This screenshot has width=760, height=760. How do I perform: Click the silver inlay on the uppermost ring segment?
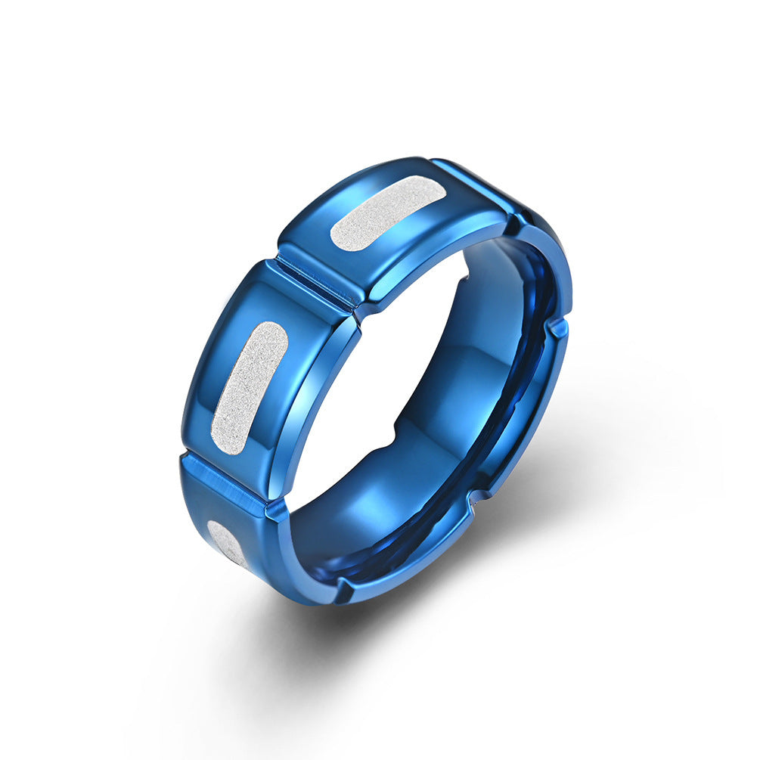pos(386,213)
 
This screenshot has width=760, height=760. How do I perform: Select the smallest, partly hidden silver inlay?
pos(228,544)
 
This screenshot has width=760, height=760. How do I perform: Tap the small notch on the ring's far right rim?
pos(557,327)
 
